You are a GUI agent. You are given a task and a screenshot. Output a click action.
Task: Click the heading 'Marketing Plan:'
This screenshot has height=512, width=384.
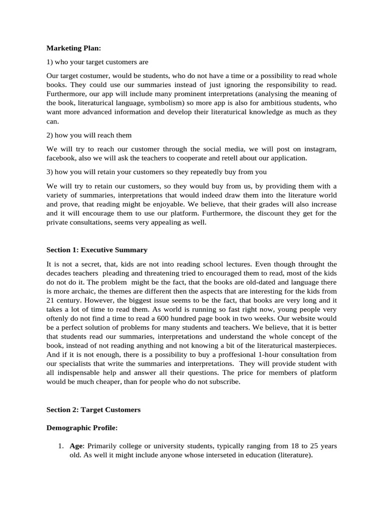coord(73,48)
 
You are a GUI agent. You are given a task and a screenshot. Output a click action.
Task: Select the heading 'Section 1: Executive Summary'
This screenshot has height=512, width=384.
coord(96,249)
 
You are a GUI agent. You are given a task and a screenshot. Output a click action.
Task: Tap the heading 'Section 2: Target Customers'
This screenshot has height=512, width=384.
coord(93,409)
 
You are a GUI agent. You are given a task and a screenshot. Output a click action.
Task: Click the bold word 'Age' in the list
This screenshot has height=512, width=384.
coord(75,446)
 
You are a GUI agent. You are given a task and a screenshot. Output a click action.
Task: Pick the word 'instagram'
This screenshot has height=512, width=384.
coord(320,149)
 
